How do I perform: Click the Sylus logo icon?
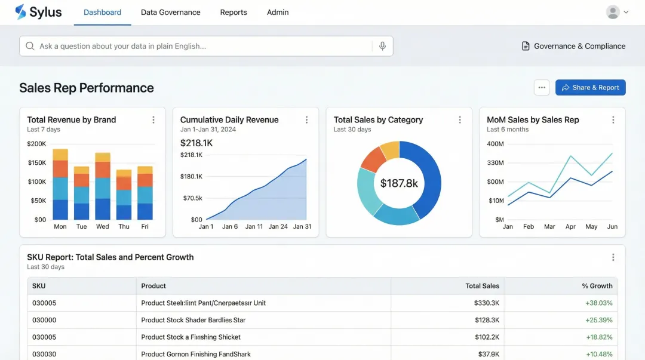[x=21, y=12]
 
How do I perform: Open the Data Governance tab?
[x=170, y=12]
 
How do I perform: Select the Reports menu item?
[x=234, y=12]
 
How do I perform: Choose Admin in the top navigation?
[x=278, y=12]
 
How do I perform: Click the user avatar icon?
[x=613, y=12]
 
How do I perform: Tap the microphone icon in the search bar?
[x=382, y=46]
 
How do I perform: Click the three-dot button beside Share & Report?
[x=542, y=88]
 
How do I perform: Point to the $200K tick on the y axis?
[x=36, y=144]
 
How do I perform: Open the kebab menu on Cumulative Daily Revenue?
[x=307, y=120]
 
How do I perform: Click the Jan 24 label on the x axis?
[x=278, y=227]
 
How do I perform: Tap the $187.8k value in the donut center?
[x=399, y=183]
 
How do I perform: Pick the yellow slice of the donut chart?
[x=390, y=150]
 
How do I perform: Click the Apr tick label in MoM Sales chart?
[x=570, y=227]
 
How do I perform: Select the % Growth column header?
[x=597, y=286]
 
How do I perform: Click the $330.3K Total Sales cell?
[x=486, y=303]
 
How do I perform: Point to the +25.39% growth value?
[x=599, y=320]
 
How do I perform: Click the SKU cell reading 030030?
[x=44, y=354]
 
